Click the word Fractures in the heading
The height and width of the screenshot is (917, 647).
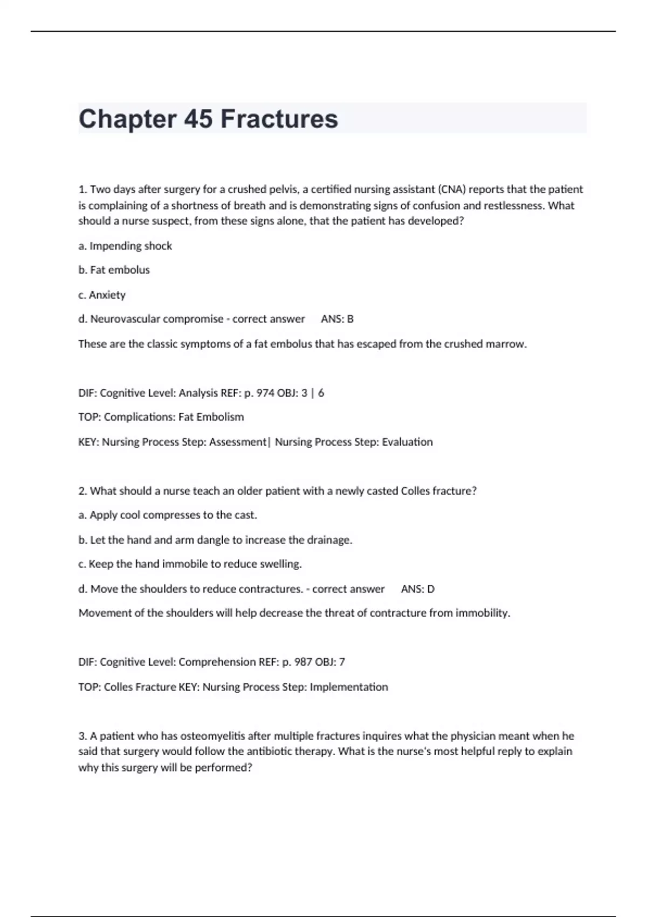coord(279,119)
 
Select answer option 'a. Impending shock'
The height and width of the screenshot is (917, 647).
coord(125,246)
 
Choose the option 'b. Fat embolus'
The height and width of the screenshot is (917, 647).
coord(114,270)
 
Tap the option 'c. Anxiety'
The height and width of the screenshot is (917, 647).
coord(102,295)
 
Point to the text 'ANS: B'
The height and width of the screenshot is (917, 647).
coord(337,319)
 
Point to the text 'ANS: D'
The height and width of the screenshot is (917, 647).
coord(417,588)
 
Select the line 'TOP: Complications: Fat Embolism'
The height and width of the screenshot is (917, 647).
coord(161,417)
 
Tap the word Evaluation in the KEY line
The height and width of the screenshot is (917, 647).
coord(407,442)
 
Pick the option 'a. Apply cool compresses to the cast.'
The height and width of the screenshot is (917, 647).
coord(168,515)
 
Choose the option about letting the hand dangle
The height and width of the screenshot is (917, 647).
coord(215,540)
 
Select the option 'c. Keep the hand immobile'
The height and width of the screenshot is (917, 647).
coord(190,564)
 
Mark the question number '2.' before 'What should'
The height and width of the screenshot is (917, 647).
coord(83,491)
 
